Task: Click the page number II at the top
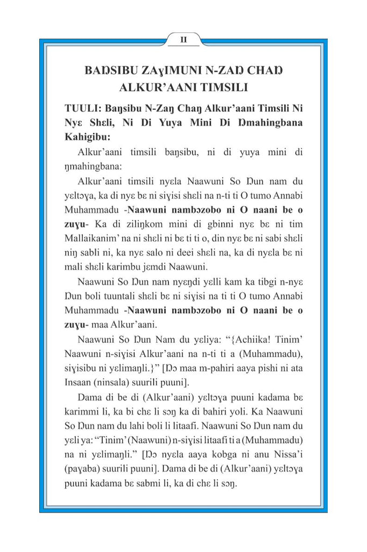183,39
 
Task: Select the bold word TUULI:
82,108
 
